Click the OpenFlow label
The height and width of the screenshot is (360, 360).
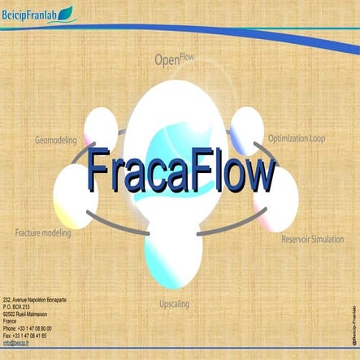coord(174,59)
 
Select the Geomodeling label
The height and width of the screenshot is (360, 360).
coord(56,140)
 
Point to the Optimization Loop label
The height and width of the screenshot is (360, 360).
coord(296,139)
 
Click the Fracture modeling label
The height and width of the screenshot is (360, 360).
coord(43,233)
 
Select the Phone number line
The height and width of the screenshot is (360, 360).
coord(25,327)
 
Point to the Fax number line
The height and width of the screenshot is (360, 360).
coord(25,335)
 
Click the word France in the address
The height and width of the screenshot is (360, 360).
coord(11,320)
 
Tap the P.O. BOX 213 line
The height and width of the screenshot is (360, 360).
coord(20,307)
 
